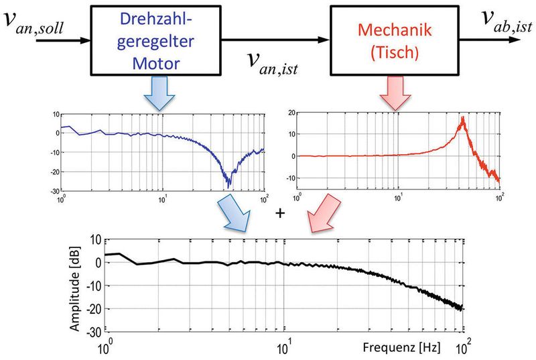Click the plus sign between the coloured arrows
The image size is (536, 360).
click(x=280, y=213)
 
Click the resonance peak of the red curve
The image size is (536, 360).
click(x=462, y=119)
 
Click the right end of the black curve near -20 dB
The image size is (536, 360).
click(x=462, y=308)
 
